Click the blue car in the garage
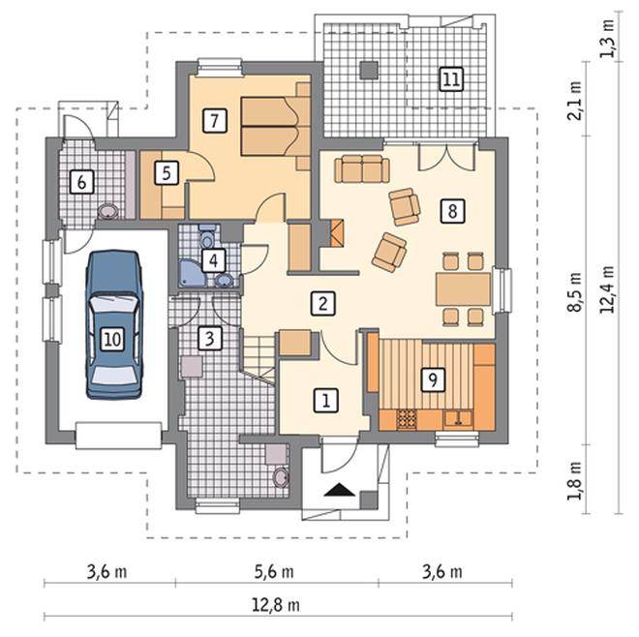pos(113,325)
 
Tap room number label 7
pos(214,120)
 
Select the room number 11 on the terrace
pos(451,78)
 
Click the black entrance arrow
pos(340,489)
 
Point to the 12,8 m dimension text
pos(276,605)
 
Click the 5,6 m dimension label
pos(274,571)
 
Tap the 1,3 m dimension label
pos(607,39)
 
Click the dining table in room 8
pos(463,289)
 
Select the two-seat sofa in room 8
pos(362,168)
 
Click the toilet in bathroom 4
pos(206,236)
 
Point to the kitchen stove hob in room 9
pos(407,420)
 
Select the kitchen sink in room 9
pos(458,419)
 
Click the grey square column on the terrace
pos(370,70)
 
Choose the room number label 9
pos(433,379)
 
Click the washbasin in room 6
pos(107,211)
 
